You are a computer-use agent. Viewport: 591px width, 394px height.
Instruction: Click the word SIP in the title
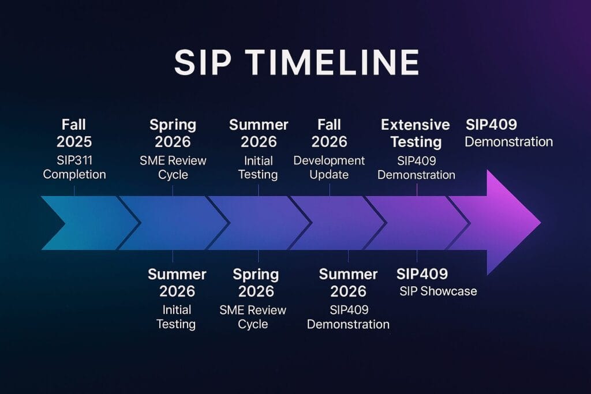[203, 62]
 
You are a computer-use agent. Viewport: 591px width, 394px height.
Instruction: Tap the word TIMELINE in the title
[332, 62]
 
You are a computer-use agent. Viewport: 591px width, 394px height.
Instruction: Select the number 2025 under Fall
[74, 142]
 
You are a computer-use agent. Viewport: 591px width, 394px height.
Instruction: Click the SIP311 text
[74, 160]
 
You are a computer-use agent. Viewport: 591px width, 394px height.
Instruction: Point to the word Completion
[74, 174]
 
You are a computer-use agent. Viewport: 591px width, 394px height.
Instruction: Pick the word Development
[329, 160]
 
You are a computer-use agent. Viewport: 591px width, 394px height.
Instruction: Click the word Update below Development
[329, 174]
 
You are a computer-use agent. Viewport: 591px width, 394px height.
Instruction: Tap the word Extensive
[416, 125]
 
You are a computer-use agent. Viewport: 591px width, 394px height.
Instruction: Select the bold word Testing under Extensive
[416, 142]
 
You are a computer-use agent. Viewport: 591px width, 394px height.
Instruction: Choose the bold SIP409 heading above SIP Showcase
[422, 274]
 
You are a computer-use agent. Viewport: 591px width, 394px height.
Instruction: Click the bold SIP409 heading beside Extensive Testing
[492, 125]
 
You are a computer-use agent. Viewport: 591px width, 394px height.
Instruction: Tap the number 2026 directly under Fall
[329, 142]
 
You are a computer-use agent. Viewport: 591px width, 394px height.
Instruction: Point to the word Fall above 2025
[74, 125]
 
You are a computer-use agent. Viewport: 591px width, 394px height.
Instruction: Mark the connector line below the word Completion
[74, 190]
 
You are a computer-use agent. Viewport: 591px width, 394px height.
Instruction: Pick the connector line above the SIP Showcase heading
[417, 256]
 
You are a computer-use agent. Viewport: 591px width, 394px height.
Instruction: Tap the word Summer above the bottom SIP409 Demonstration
[348, 274]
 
